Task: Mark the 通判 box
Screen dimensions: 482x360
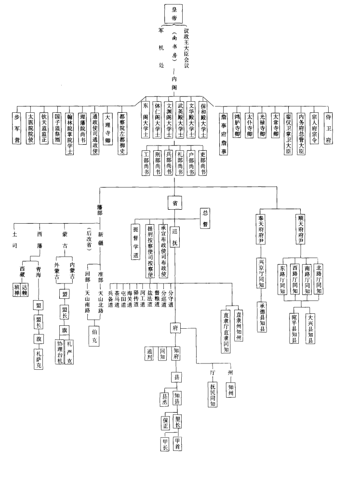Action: pos(149,353)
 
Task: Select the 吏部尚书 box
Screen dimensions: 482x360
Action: pos(202,162)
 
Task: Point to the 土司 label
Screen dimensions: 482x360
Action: pos(15,240)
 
